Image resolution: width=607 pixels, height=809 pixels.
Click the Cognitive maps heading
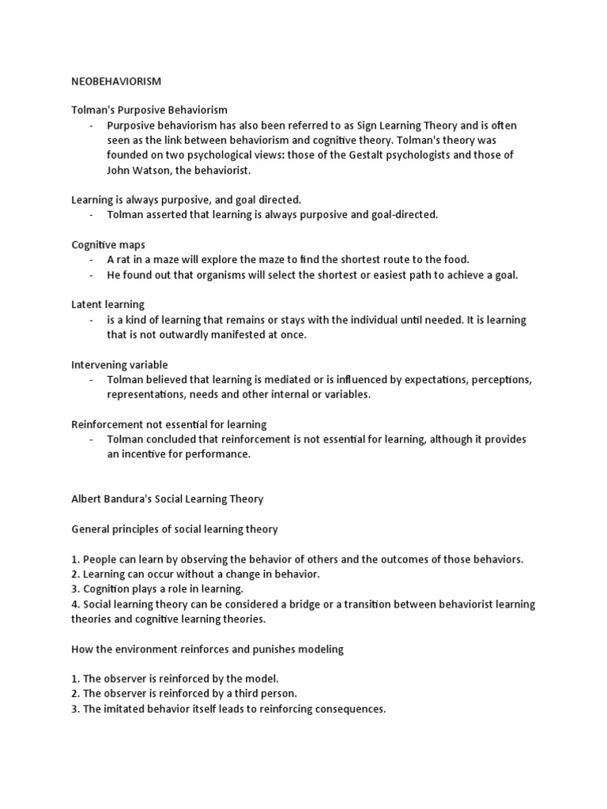click(x=109, y=244)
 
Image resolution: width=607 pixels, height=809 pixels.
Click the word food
click(x=454, y=259)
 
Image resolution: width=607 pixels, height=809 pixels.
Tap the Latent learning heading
click(x=108, y=304)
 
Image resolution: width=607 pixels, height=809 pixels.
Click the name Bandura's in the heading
click(x=136, y=499)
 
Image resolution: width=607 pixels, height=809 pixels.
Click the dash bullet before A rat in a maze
click(x=92, y=259)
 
